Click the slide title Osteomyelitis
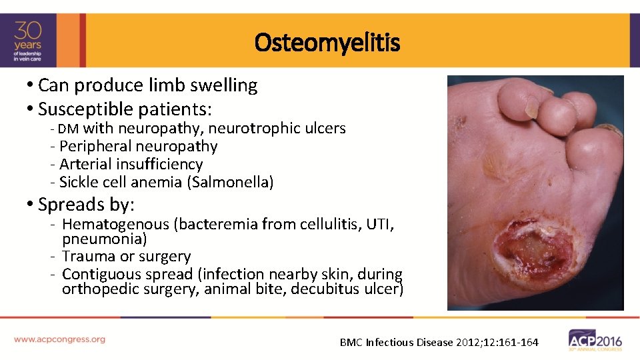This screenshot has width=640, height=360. click(x=327, y=43)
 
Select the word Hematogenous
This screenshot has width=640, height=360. click(x=115, y=225)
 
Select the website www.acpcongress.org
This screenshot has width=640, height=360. click(x=59, y=339)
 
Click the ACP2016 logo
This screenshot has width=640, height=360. click(x=595, y=339)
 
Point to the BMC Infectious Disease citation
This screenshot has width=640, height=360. click(x=439, y=343)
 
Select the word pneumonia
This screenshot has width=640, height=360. click(x=104, y=239)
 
